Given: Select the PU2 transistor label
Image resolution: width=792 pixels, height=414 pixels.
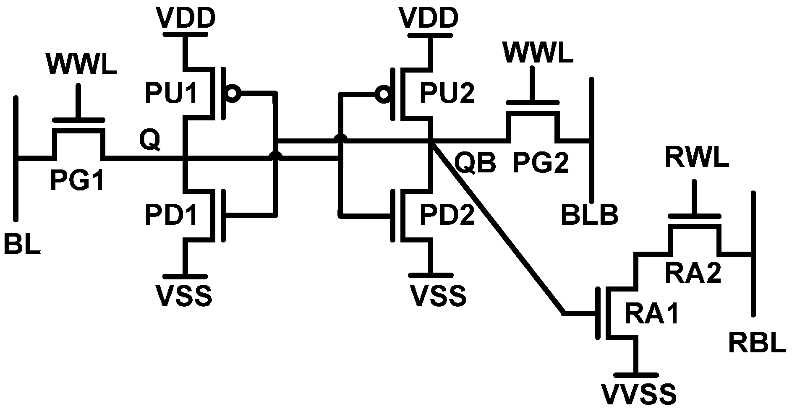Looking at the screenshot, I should pos(447,94).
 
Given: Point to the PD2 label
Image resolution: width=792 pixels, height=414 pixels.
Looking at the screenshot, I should pos(447,216).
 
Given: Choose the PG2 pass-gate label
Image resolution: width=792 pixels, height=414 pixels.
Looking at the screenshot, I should pos(541,163).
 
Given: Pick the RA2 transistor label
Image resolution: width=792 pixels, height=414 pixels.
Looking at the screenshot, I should pos(693,273).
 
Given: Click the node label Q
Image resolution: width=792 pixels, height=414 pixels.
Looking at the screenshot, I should pos(150,141).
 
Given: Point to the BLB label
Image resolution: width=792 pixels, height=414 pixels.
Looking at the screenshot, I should pos(589,216).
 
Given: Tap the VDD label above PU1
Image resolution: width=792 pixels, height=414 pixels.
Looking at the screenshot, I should pos(185,18).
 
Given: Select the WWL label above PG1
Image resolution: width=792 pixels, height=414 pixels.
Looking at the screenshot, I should pos(81,65).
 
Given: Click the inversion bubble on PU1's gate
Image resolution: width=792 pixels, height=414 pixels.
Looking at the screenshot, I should pos(232,93).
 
